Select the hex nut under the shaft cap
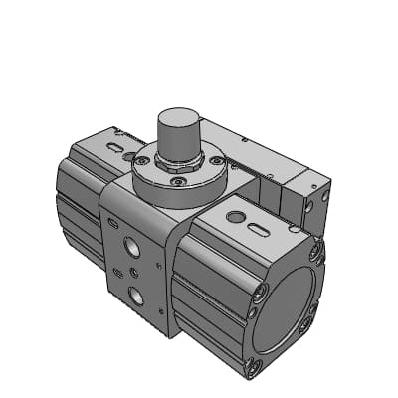tap(180, 164)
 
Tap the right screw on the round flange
tap(216, 160)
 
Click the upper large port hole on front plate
tap(133, 246)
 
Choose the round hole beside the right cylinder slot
tap(236, 216)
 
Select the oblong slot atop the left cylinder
tap(117, 149)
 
